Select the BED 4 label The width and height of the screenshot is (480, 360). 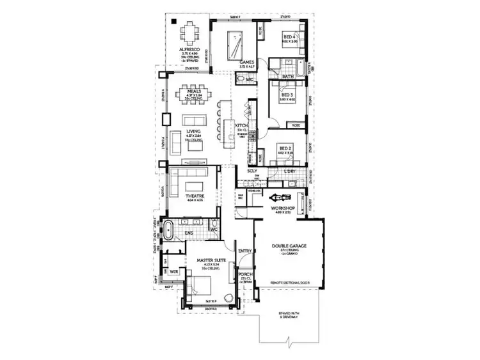point(289,38)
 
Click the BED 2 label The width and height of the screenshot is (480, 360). point(285,149)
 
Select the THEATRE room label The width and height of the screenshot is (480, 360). point(195,196)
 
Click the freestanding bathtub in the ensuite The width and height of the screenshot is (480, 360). point(170,231)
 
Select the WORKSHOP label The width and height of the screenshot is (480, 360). point(282,208)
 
